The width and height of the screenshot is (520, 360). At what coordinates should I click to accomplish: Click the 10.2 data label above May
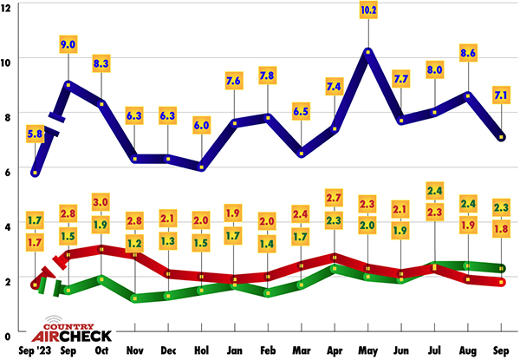pos(368,11)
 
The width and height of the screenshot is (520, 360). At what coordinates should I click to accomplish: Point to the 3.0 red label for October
pos(102,202)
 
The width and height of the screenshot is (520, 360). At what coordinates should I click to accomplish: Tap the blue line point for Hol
pos(203,167)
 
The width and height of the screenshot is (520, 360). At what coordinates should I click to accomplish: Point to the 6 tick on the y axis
pos(7,170)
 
